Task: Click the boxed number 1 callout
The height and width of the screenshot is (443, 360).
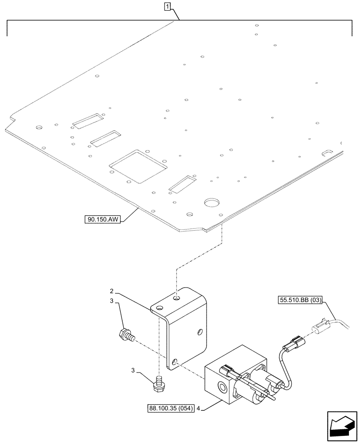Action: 167,7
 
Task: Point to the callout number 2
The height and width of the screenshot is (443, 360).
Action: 112,291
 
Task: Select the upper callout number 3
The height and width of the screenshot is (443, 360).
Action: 112,301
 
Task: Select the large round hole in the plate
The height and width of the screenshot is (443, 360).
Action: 212,203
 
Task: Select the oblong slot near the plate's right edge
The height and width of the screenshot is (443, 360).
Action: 328,152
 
